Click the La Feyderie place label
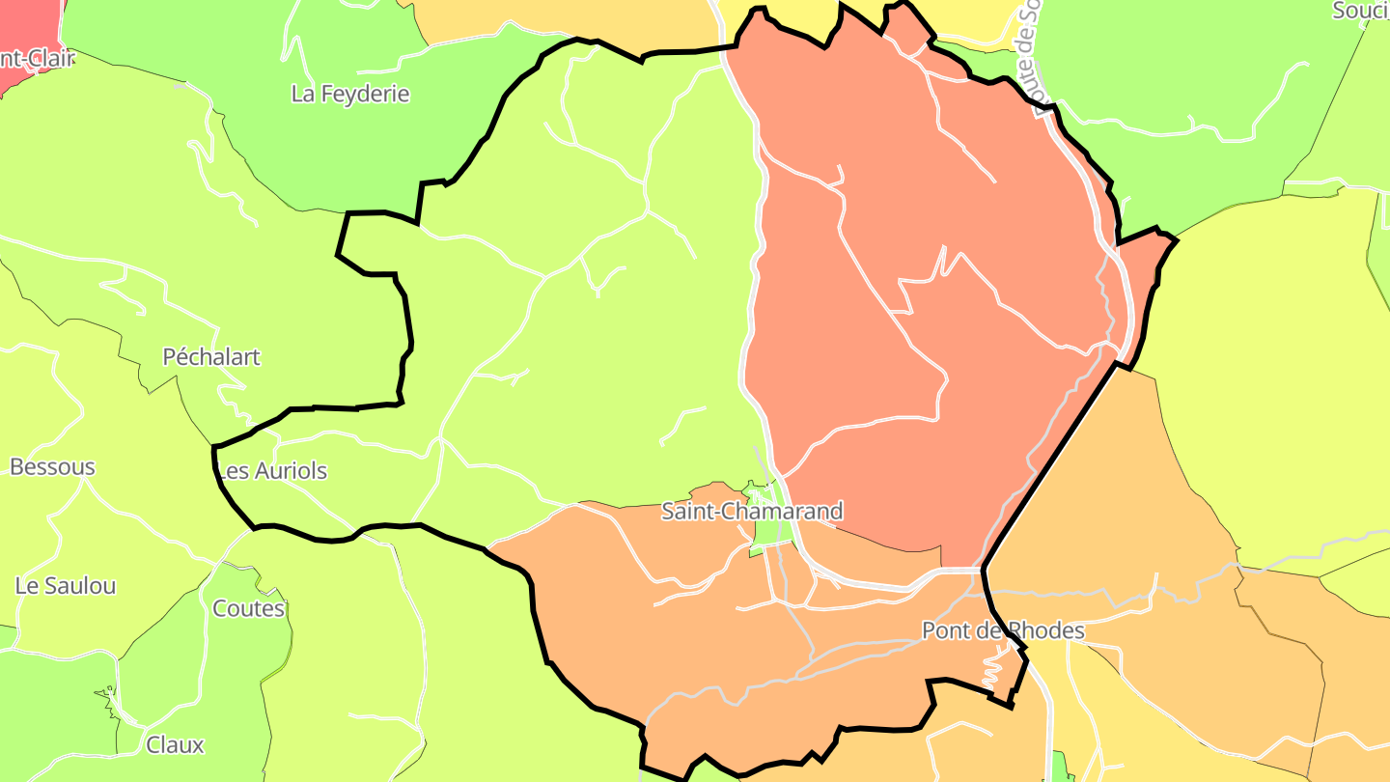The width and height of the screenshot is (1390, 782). tap(350, 95)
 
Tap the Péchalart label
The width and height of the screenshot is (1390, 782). tap(211, 357)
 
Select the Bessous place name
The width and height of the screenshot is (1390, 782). tap(52, 467)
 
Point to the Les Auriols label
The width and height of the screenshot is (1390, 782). tap(272, 471)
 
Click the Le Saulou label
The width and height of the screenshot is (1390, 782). tap(66, 586)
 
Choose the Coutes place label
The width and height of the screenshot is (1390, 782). tap(249, 609)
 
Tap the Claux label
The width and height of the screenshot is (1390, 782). tap(175, 745)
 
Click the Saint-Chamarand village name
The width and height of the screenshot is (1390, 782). tap(751, 512)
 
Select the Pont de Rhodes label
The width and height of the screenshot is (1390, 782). tap(1003, 631)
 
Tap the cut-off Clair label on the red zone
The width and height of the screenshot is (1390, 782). tap(39, 59)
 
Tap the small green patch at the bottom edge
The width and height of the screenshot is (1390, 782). tap(1061, 768)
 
